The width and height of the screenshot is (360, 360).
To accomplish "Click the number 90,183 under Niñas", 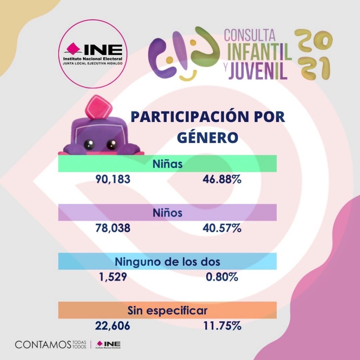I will point(113,179).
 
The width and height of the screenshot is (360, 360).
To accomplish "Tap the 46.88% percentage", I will point(222,179).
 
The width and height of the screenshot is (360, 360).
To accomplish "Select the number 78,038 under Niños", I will point(113,229).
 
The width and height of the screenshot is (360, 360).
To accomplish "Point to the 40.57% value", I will point(222,229).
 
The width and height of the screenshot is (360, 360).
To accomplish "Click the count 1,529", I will point(113,277).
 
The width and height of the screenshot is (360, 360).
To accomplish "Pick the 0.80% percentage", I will point(222,277).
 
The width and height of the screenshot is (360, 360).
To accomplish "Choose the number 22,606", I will point(112,326).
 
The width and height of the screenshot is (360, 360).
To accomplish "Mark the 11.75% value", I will point(222,326).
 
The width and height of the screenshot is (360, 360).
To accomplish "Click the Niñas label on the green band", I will point(168,164).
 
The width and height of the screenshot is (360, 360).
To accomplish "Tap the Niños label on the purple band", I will point(168,213).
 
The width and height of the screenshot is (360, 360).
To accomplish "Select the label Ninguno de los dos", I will point(168,262).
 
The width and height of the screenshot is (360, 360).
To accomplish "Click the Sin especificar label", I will point(168,311).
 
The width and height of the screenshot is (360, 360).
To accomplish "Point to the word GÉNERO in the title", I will point(207,137).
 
